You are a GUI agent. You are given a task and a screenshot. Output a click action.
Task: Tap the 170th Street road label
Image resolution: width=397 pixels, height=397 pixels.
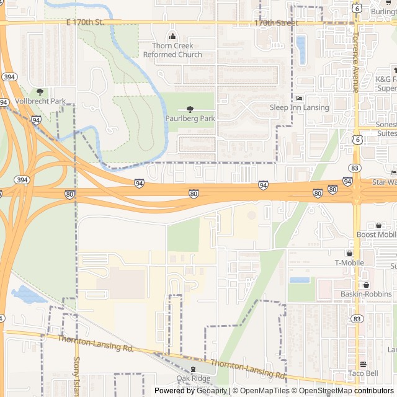tap(276, 23)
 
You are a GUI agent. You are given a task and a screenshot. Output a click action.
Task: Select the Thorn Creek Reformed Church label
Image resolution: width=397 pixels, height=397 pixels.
tap(172, 50)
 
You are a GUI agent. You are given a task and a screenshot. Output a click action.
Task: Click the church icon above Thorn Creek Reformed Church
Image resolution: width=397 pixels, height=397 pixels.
tap(172, 35)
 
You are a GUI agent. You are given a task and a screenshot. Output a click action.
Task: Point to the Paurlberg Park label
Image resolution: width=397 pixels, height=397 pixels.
tap(190, 118)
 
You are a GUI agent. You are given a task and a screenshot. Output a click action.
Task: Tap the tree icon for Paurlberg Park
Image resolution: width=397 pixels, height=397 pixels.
tap(190, 109)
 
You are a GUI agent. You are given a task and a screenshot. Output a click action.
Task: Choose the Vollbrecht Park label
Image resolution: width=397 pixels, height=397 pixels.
tap(40, 101)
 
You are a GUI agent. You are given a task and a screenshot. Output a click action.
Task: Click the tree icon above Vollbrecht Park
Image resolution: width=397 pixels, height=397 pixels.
tap(40, 92)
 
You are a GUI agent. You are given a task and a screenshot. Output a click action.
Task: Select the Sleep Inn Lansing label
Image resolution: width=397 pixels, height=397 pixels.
tap(299, 107)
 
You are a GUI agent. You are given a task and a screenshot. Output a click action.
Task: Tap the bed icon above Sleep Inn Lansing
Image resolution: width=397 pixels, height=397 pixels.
tap(299, 98)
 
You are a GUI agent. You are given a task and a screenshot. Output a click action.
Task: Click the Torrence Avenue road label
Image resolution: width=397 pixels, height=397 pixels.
tap(355, 69)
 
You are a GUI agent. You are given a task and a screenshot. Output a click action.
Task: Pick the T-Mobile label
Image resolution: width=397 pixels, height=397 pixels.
tap(349, 262)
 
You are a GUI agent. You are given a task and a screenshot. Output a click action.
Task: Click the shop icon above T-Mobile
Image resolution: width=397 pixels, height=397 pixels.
tap(349, 253)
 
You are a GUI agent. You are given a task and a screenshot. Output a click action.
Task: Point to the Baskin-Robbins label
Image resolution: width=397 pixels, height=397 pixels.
tap(360, 293)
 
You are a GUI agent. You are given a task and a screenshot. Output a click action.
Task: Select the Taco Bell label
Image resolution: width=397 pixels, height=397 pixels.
tap(363, 373)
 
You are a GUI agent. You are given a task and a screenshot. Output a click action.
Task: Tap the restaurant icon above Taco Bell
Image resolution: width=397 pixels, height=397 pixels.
tap(363, 364)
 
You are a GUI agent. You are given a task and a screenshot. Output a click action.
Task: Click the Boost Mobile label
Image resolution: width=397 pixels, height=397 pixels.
tap(376, 234)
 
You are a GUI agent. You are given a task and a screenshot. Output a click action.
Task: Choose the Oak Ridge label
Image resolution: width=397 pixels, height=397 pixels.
tap(193, 378)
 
